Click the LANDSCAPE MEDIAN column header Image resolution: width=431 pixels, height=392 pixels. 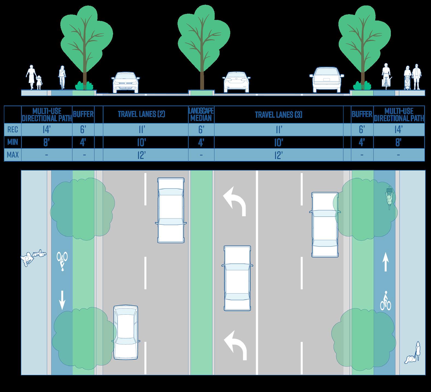pyautogui.click(x=201, y=114)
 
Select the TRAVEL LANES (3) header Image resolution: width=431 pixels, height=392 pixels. pyautogui.click(x=279, y=114)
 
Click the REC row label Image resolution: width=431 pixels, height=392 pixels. pyautogui.click(x=13, y=129)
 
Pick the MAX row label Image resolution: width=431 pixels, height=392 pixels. pyautogui.click(x=13, y=155)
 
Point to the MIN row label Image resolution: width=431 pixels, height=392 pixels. pyautogui.click(x=13, y=142)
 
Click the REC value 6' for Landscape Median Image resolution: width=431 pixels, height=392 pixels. pyautogui.click(x=201, y=129)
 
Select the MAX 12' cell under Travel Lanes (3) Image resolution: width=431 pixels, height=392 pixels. pyautogui.click(x=279, y=155)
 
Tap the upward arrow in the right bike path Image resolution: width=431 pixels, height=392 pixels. pyautogui.click(x=385, y=261)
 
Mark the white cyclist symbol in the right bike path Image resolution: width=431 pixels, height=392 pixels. pyautogui.click(x=385, y=300)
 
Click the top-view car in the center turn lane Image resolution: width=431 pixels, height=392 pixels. pyautogui.click(x=237, y=278)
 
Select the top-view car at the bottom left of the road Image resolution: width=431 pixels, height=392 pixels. pyautogui.click(x=126, y=332)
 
